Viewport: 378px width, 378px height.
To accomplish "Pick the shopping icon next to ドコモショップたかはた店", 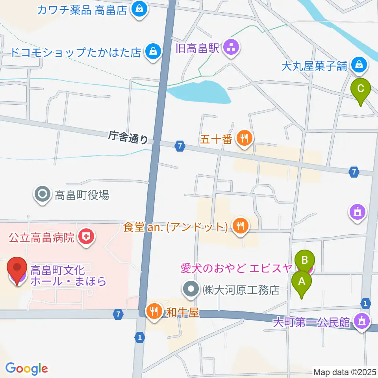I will tap(152, 52).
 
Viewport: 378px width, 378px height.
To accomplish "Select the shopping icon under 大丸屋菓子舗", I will tap(359, 65).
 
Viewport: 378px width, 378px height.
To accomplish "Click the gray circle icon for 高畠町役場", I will tap(43, 195).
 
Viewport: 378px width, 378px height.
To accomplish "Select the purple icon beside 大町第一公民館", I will tap(361, 322).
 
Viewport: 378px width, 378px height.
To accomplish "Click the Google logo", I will tap(26, 369).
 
